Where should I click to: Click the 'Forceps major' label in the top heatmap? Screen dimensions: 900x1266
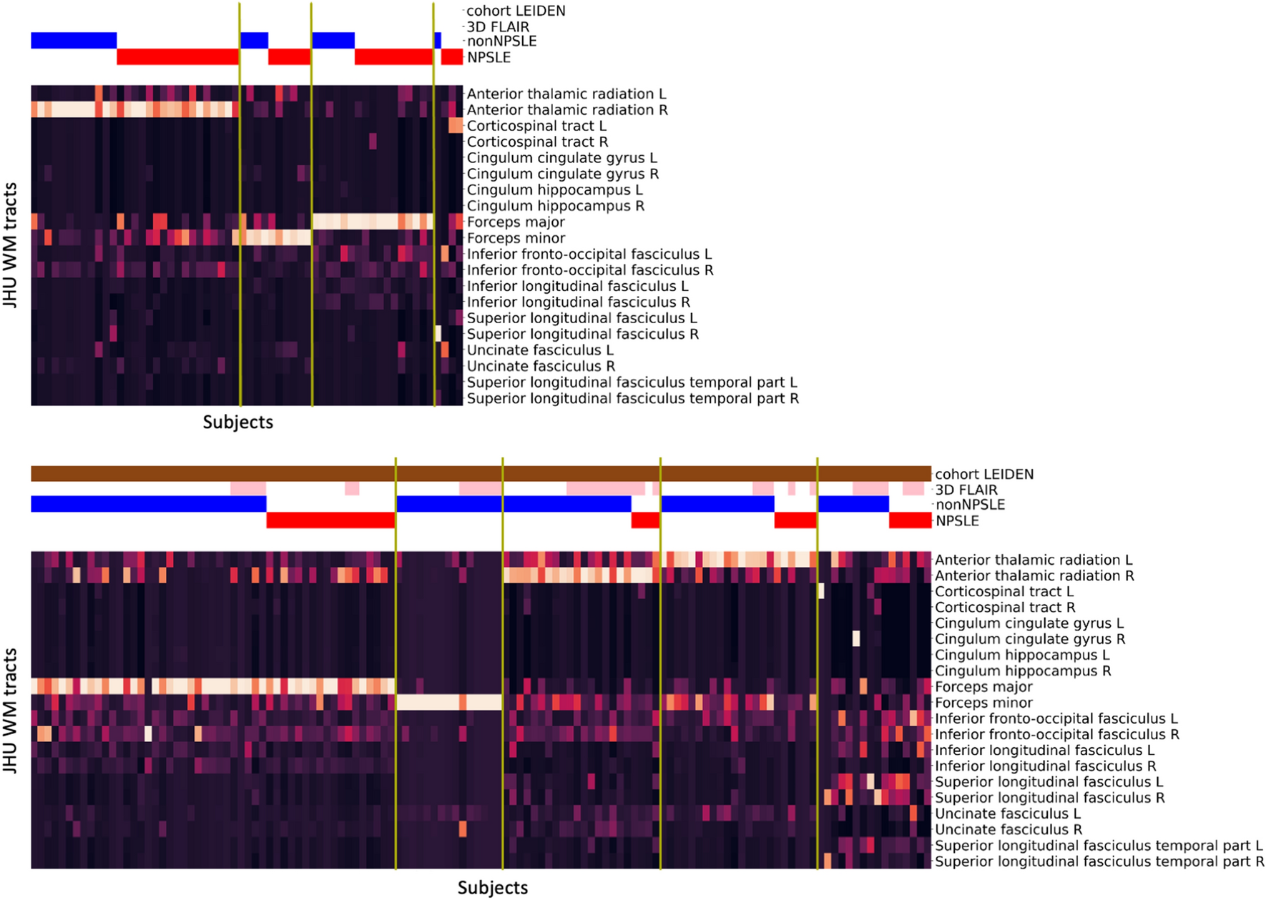516,222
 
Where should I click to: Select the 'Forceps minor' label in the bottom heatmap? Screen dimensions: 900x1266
983,703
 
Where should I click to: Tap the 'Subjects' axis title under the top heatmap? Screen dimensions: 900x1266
237,422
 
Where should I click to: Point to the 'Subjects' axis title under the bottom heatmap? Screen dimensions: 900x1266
492,887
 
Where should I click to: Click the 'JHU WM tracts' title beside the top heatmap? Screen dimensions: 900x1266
10,245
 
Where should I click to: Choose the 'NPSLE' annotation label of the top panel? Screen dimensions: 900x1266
489,57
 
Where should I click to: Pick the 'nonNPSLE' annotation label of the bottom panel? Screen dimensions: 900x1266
970,505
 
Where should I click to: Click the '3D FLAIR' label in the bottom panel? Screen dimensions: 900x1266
966,490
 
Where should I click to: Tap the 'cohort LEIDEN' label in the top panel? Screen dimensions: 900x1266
515,11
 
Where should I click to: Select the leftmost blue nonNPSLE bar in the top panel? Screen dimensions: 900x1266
74,40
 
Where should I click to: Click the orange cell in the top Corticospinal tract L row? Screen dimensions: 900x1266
456,126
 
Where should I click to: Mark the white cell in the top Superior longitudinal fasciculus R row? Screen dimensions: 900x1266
438,334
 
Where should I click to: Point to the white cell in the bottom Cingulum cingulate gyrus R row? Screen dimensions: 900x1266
856,638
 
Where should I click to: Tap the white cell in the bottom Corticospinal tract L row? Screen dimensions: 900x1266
821,591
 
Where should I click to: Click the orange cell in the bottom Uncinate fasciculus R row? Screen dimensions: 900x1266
463,829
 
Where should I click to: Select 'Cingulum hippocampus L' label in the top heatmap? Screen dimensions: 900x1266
554,190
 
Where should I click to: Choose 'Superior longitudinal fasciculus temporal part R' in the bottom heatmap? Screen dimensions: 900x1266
1099,861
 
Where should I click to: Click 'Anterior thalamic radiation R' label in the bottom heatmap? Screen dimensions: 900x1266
1034,575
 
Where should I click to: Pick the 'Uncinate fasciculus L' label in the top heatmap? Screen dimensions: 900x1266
540,350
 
